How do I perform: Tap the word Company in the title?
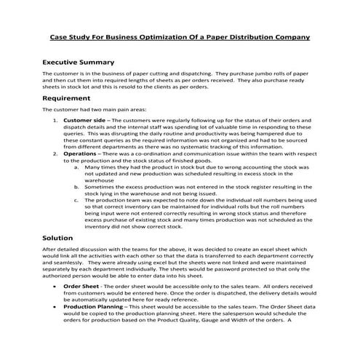coord(289,36)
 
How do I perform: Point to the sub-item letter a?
coord(77,167)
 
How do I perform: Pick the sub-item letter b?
coord(77,186)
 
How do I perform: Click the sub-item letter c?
coord(77,199)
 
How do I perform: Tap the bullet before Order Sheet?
coord(56,308)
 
